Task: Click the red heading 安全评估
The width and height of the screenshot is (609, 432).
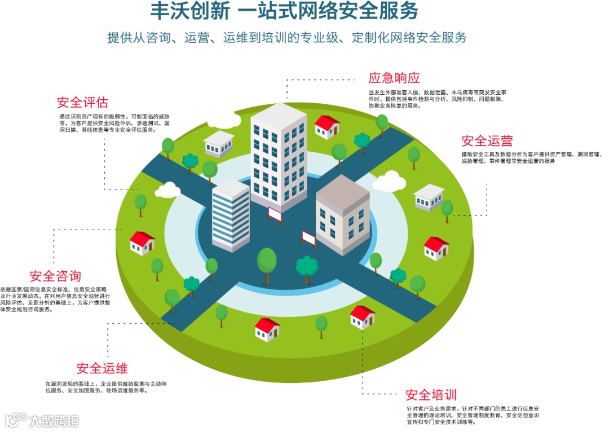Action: [82, 103]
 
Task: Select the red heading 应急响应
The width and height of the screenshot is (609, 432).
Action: [394, 78]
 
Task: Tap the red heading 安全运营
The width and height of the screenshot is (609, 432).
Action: [487, 140]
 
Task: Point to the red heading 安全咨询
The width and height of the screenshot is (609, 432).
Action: [55, 276]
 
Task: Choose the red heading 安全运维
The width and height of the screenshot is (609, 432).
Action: [102, 369]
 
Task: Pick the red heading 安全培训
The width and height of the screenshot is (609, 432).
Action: [431, 395]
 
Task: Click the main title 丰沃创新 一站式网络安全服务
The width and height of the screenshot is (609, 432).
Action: [285, 11]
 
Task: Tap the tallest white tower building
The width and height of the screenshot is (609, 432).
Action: [279, 155]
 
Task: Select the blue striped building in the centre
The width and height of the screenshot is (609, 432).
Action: [231, 215]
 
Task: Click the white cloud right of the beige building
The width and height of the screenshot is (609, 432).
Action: [389, 181]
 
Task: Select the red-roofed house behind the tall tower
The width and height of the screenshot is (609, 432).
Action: [327, 127]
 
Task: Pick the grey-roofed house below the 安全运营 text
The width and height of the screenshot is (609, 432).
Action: [429, 197]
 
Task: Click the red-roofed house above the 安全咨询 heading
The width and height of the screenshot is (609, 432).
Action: [142, 243]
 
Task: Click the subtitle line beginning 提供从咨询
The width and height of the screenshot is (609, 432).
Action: [287, 38]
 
